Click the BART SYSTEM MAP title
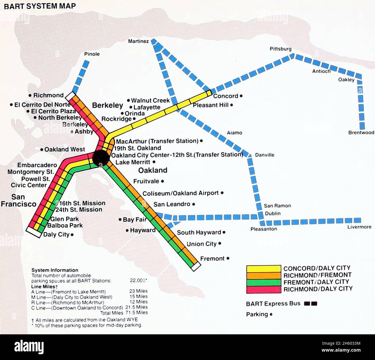(40, 6)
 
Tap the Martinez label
(138, 41)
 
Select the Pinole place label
(92, 54)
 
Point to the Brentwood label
(361, 133)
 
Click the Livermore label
(359, 227)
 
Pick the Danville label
(265, 155)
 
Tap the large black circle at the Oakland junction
(101, 158)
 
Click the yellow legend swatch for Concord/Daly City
(263, 269)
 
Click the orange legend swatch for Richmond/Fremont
(263, 276)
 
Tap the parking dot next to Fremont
(228, 258)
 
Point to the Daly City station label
(56, 235)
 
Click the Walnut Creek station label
(150, 100)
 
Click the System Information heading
(55, 270)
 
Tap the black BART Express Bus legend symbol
(310, 303)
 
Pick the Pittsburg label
(280, 49)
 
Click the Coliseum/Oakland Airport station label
(181, 193)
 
